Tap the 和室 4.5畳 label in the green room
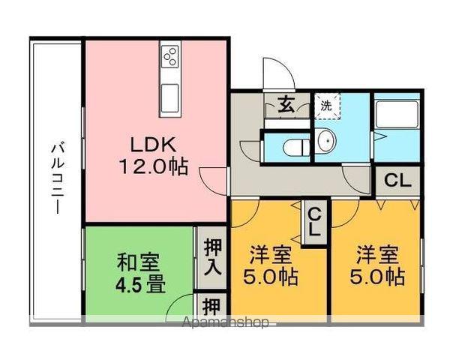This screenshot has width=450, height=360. [142, 274]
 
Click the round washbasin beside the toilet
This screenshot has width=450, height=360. [328, 139]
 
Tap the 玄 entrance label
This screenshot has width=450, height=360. [286, 105]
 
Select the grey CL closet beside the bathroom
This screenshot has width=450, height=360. [397, 180]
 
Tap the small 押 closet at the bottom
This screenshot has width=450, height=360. [211, 307]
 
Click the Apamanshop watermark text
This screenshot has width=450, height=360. [225, 324]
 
